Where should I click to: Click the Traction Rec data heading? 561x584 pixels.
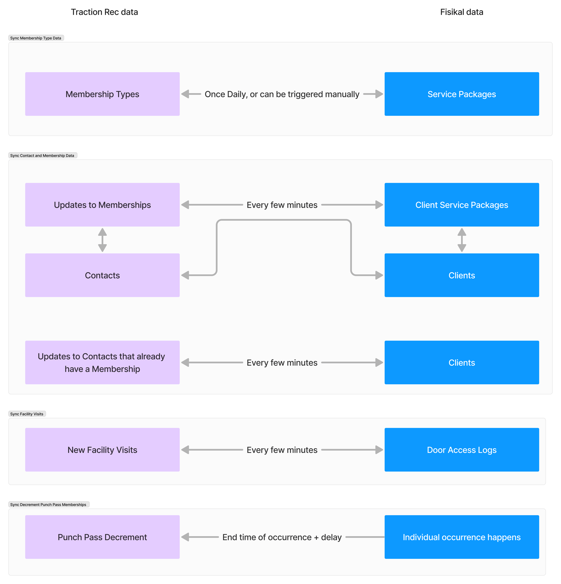pos(104,12)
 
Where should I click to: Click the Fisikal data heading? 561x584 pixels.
pos(462,12)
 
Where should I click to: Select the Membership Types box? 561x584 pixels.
pos(102,94)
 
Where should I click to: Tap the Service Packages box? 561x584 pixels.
pos(462,94)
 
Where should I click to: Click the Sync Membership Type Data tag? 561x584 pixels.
pos(36,38)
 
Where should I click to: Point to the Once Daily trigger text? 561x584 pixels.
pos(282,94)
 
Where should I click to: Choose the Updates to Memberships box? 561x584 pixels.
pos(102,205)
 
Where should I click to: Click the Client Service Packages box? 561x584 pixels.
pos(462,205)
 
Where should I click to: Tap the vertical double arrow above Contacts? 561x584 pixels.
pos(102,240)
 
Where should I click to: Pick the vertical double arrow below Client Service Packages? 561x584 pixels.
pos(462,240)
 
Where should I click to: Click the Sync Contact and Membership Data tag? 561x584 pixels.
pos(42,156)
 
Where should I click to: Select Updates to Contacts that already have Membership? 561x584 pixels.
pos(102,363)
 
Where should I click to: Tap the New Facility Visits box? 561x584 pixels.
pos(102,450)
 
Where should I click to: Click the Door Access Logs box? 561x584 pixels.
pos(462,450)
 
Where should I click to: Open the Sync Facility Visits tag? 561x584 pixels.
pos(27,414)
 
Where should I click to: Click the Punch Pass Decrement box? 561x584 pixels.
pos(102,537)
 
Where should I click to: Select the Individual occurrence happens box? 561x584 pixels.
pos(462,537)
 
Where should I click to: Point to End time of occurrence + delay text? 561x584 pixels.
pos(282,537)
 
